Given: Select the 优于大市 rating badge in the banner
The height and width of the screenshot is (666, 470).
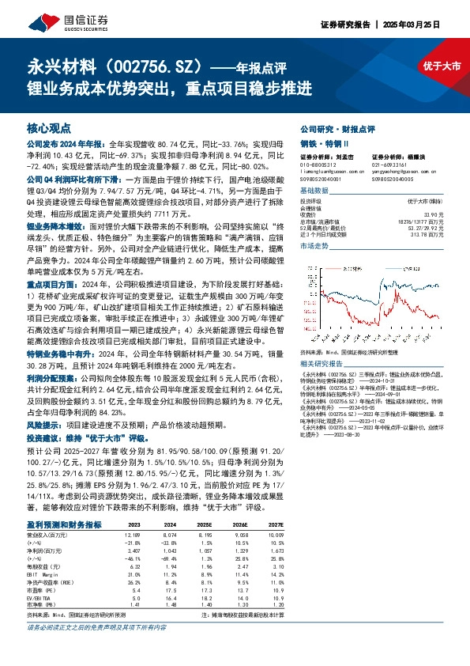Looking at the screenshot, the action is pos(440,66).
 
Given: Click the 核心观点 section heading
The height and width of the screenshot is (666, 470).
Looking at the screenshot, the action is pos(49,127).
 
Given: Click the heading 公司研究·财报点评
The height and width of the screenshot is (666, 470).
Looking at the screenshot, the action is pos(337,128).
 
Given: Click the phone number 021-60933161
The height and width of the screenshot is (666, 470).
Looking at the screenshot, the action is pos(385,164).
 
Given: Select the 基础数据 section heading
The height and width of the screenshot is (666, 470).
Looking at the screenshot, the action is pos(314,192).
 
